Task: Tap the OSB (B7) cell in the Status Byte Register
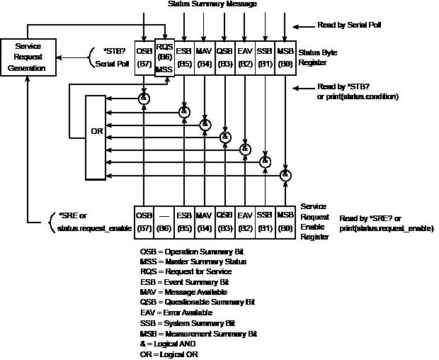click(x=144, y=56)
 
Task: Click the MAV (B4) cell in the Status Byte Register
click(x=205, y=56)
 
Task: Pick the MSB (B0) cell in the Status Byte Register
click(x=285, y=56)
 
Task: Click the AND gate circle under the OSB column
click(x=144, y=98)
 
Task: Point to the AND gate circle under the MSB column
click(x=286, y=174)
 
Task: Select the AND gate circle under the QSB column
click(x=225, y=137)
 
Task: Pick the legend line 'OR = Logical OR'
click(x=169, y=353)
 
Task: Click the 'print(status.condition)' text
click(x=358, y=97)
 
